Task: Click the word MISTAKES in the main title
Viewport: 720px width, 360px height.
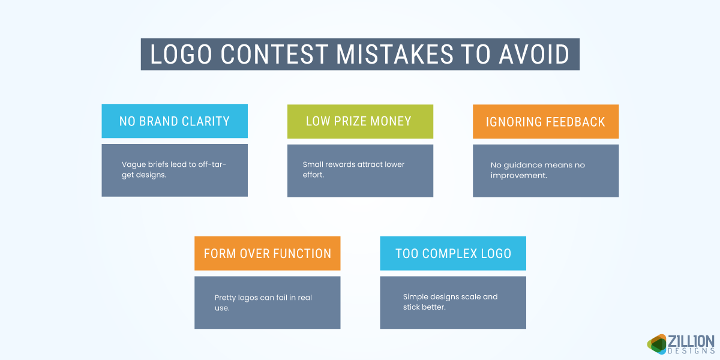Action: pos(394,55)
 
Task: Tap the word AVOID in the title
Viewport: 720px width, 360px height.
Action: pos(534,55)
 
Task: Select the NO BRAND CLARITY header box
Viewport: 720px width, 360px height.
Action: pos(175,121)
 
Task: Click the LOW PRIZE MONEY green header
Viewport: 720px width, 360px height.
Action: pos(359,121)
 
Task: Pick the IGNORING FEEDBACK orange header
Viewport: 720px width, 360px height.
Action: pos(545,122)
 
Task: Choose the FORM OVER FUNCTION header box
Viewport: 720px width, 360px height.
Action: pos(267,253)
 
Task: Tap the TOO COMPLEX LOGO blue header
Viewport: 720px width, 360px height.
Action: pos(453,253)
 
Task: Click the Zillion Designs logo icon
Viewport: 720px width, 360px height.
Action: pos(657,343)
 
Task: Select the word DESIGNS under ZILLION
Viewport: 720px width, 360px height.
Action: pos(691,351)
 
